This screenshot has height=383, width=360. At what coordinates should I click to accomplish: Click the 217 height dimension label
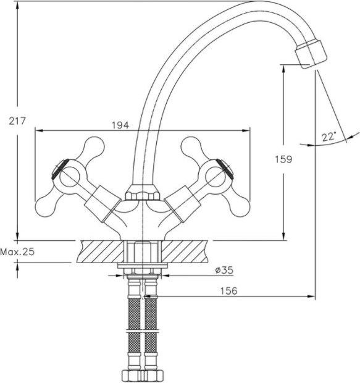[x=17, y=121]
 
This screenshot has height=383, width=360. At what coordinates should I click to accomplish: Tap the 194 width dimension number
[x=120, y=125]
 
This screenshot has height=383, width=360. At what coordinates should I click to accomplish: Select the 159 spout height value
[x=283, y=159]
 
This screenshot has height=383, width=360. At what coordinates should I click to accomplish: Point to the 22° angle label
[x=329, y=137]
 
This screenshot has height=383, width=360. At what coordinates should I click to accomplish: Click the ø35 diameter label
[x=224, y=270]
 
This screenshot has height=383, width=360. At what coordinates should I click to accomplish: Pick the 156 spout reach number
[x=229, y=291]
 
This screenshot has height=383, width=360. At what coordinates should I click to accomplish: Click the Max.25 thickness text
[x=17, y=251]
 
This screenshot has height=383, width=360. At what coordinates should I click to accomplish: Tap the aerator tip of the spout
[x=311, y=55]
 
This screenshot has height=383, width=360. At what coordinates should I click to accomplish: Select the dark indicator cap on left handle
[x=60, y=168]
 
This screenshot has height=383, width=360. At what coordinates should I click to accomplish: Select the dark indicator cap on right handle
[x=225, y=168]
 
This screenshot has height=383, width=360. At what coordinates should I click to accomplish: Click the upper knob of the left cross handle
[x=94, y=146]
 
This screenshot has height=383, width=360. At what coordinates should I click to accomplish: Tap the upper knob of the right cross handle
[x=191, y=146]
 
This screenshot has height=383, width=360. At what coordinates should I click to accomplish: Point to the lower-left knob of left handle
[x=45, y=206]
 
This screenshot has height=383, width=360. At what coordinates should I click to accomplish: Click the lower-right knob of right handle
[x=240, y=206]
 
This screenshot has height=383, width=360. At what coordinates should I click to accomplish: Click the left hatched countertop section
[x=101, y=251]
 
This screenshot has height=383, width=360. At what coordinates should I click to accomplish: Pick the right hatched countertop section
[x=185, y=251]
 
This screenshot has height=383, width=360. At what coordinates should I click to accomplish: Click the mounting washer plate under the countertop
[x=143, y=266]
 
